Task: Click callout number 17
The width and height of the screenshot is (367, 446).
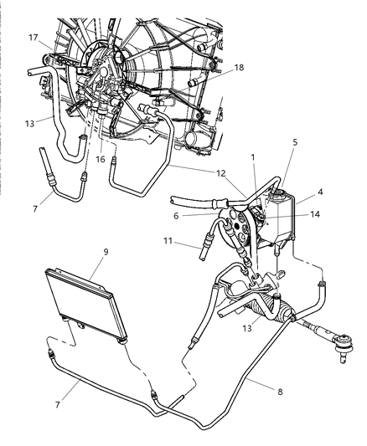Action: (x=34, y=37)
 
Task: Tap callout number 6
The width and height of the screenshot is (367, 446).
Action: (x=199, y=216)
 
